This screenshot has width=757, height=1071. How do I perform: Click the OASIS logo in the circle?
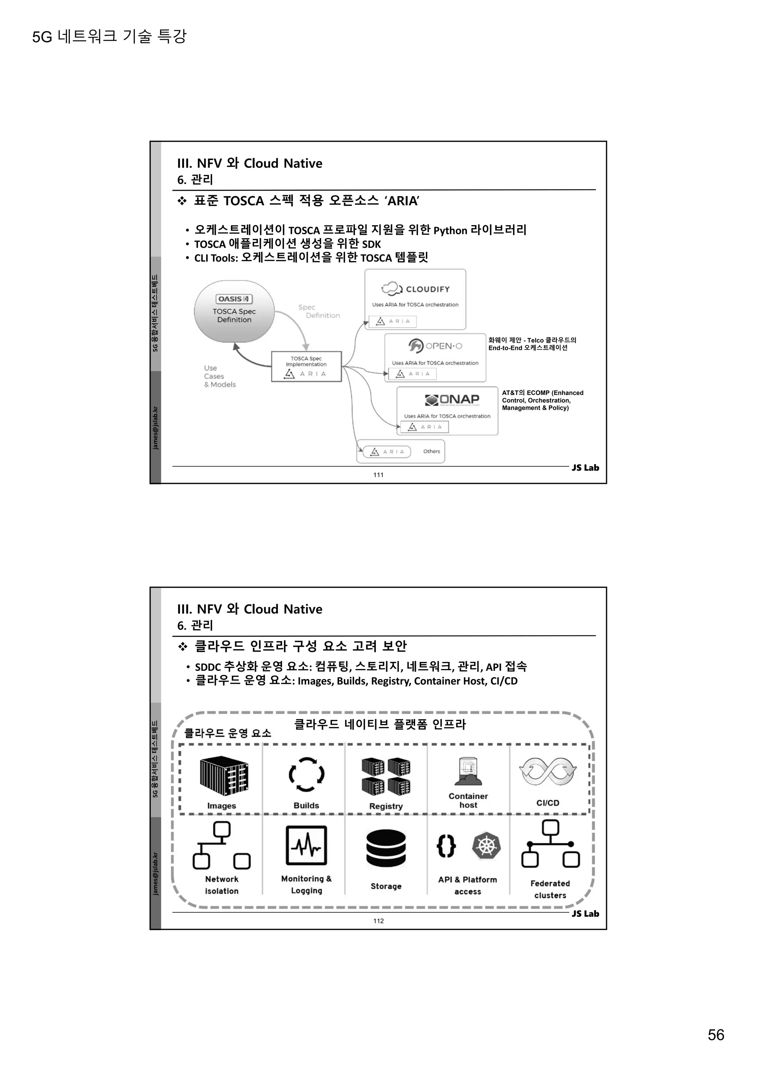point(234,299)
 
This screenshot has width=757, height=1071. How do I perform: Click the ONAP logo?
point(452,400)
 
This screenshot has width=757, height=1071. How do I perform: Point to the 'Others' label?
point(431,452)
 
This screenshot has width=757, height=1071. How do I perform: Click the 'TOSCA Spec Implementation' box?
point(306,366)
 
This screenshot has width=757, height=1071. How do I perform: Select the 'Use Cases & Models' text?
point(220,376)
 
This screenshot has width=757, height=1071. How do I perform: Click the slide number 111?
point(378,475)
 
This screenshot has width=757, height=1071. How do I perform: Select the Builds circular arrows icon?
point(306,774)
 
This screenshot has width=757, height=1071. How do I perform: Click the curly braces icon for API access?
point(446,846)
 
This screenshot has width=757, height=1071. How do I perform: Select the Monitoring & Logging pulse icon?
point(306,845)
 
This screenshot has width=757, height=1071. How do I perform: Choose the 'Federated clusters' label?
point(550,889)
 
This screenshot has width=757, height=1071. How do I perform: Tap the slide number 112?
point(378,921)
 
